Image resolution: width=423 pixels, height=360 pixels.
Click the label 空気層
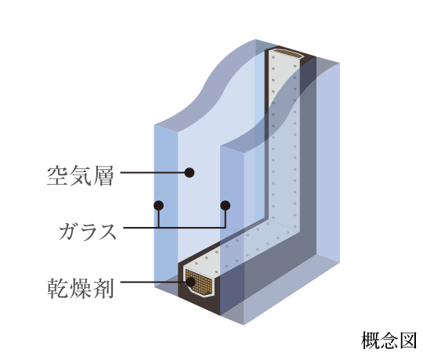point(80,175)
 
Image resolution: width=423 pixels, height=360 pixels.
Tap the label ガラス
point(88,231)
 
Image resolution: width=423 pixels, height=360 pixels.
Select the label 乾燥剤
point(80,288)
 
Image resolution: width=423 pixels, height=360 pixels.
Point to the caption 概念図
point(389,340)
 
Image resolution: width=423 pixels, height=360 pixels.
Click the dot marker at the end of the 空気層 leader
point(190,172)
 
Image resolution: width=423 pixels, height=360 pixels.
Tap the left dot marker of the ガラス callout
point(158,206)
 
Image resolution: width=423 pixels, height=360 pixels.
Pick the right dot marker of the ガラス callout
point(226,206)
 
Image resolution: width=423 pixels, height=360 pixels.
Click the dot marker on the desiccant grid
point(190,282)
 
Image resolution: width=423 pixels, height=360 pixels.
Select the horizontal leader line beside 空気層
point(153,172)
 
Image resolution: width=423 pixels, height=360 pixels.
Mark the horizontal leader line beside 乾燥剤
point(154,282)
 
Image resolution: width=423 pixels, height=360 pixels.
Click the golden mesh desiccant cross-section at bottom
point(199,281)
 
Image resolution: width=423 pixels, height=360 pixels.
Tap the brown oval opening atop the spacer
point(287,53)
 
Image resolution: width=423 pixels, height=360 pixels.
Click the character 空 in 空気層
point(57,175)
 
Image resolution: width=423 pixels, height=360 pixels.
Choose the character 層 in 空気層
point(103,175)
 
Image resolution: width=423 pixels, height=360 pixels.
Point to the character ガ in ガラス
point(68,231)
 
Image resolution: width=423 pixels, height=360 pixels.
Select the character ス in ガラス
point(107,231)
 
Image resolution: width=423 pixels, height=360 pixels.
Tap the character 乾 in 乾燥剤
point(57,288)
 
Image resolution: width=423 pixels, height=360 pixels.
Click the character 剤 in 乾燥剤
point(103,288)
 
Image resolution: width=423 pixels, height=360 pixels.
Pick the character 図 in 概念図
point(408,340)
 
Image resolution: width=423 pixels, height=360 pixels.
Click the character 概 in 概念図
point(370,340)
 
